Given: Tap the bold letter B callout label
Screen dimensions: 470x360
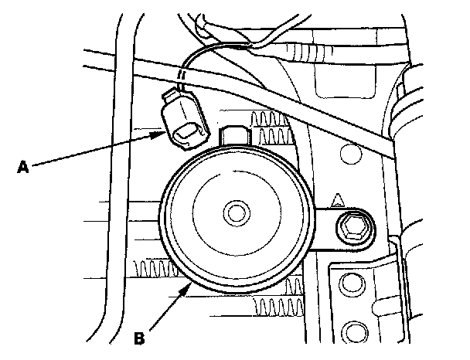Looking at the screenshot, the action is tap(139, 338).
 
